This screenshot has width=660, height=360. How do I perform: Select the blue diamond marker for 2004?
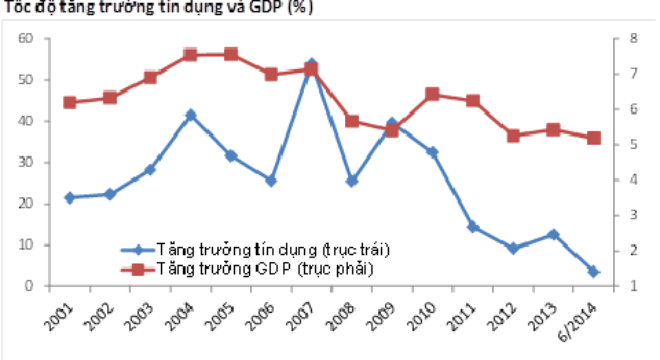tap(190, 115)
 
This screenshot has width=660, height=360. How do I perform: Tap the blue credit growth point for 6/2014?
tap(593, 271)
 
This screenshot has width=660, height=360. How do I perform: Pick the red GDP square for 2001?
tap(69, 102)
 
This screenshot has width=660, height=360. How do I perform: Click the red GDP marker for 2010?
tap(432, 94)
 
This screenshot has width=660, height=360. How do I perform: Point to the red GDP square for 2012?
tap(513, 135)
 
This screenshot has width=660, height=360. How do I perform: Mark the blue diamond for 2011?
tap(473, 227)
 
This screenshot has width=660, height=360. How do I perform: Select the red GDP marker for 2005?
tap(230, 54)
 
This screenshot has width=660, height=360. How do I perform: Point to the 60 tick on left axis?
tap(26, 38)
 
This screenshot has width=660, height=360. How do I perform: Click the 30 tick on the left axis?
tap(26, 162)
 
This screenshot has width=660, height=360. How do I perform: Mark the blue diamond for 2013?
tap(553, 234)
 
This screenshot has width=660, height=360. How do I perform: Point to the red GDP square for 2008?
tap(351, 121)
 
